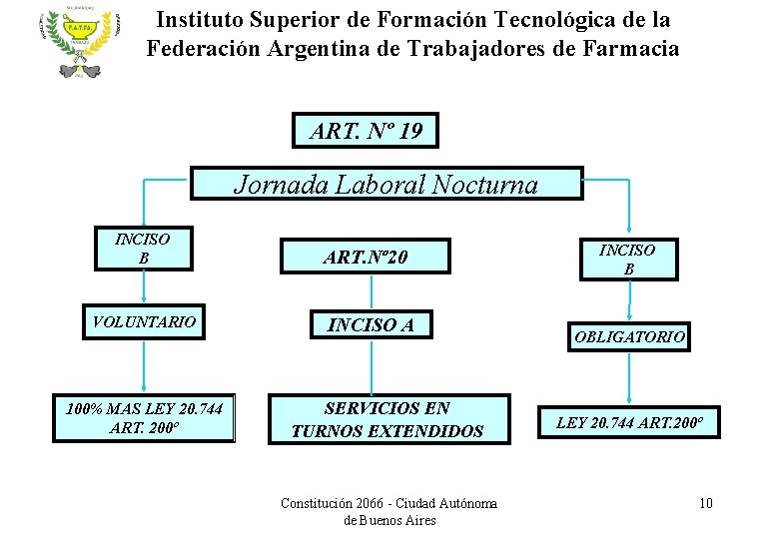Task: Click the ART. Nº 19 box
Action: coord(366,131)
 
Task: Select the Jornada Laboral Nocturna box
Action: coord(386,185)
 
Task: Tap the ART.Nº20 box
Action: coord(366,258)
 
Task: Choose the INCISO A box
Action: coord(371,324)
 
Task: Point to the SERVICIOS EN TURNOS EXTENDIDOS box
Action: coord(387,419)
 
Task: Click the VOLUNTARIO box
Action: coord(144,321)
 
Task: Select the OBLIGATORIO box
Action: coord(629,337)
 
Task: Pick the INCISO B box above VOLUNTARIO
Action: coord(143,248)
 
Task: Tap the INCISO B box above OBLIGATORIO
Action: coord(627,259)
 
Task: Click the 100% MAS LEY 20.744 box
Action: coord(144,418)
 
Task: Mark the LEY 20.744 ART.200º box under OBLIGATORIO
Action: coord(629,422)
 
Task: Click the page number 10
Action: coord(705,502)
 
